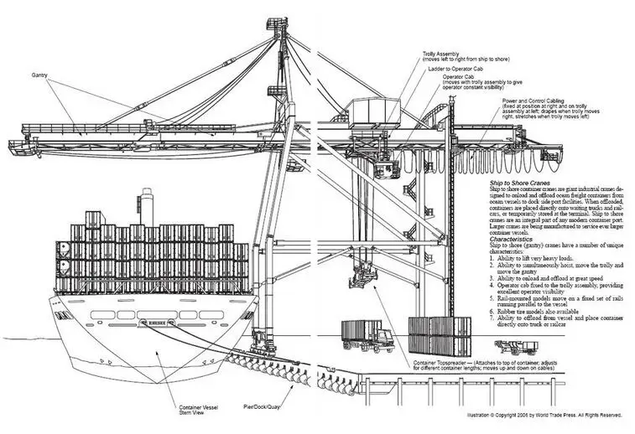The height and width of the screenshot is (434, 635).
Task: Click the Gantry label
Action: pos(39,75)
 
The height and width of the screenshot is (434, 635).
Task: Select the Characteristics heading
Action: pos(518,237)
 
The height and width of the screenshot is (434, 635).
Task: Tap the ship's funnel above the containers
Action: pos(148,205)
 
